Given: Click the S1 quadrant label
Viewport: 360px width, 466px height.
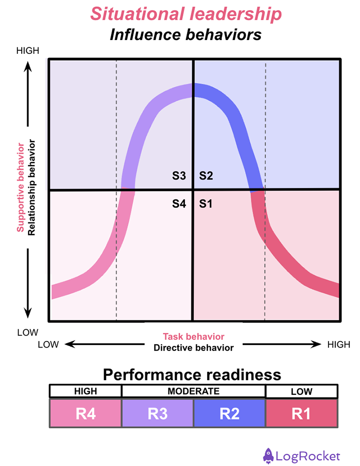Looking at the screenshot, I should [x=206, y=203].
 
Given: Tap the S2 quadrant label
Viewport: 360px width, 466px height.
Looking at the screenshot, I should [x=206, y=175].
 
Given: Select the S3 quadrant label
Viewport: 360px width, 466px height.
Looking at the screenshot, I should [x=179, y=175].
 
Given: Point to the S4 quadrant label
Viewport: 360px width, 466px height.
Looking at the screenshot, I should [x=179, y=203].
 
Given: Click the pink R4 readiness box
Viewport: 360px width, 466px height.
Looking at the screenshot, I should [x=85, y=413].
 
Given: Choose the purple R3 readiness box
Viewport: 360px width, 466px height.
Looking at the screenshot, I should [x=157, y=413].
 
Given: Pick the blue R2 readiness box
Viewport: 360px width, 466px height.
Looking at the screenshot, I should [x=229, y=413].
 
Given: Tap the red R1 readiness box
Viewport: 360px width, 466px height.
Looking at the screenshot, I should [x=301, y=413].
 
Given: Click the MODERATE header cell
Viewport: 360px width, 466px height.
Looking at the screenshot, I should [x=193, y=391].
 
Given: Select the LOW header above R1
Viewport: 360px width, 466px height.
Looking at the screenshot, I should [x=301, y=391].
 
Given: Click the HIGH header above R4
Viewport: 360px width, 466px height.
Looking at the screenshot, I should [x=85, y=391].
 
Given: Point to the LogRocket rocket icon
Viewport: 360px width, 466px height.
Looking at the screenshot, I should [x=268, y=455].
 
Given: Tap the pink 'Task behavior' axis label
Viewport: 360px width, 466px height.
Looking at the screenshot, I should [x=193, y=337].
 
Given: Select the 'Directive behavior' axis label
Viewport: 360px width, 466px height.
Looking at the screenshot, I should [x=193, y=348].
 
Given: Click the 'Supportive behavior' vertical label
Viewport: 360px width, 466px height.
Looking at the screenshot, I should [x=21, y=188].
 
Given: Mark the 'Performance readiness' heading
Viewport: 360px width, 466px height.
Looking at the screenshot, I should [x=192, y=374].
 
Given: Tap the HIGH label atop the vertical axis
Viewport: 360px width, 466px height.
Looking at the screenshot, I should [x=28, y=51].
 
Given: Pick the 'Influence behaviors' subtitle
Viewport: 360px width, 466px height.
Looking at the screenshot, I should [x=185, y=35].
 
